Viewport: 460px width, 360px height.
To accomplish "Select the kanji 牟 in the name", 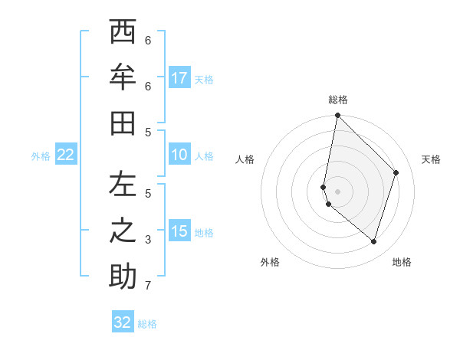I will (122, 77).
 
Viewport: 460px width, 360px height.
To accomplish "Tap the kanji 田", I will (122, 123).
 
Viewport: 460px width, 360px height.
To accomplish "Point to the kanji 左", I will (122, 185).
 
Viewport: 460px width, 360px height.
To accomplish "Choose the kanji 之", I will (122, 231).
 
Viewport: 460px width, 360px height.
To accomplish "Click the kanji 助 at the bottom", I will (122, 277).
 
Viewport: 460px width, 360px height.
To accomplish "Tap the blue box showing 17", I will (179, 77).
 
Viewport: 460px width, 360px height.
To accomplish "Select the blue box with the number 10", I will (179, 155).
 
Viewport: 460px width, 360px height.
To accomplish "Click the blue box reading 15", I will (179, 231).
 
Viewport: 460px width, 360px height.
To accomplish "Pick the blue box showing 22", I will (66, 155).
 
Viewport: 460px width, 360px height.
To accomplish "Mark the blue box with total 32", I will (123, 322).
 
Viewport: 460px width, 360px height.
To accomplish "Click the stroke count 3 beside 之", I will (148, 240).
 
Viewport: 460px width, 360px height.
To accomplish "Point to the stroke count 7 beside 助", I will (148, 286).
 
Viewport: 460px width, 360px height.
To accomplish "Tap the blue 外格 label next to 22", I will (41, 156).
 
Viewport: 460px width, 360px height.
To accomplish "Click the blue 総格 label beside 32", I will (147, 324).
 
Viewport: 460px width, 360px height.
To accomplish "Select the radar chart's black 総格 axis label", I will (338, 100).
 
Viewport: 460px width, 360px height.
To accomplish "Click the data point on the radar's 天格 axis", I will (396, 172).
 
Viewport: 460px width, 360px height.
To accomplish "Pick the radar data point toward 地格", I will (373, 241).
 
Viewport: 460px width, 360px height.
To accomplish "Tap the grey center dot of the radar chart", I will (338, 191).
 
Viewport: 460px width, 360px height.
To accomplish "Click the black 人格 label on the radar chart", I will (245, 159).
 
